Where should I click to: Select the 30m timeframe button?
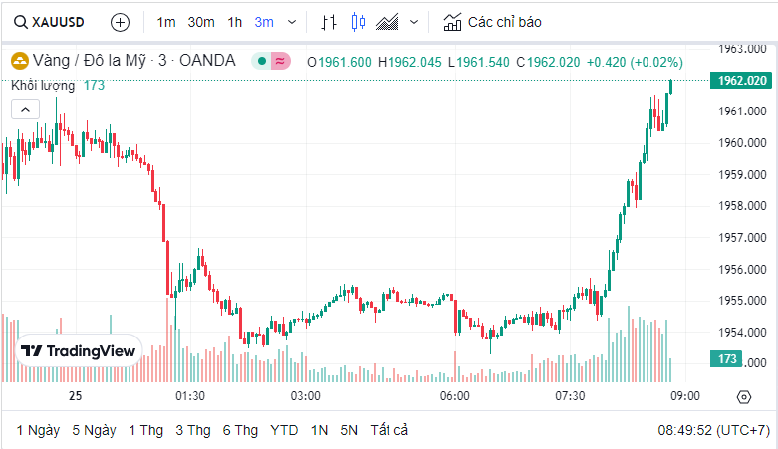201,21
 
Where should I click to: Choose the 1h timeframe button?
235,21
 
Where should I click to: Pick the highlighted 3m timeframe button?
264,21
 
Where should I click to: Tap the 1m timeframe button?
166,21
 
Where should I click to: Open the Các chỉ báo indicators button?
492,21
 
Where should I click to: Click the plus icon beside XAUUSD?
120,21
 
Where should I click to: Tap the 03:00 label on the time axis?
305,396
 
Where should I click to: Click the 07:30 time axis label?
570,396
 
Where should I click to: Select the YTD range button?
284,430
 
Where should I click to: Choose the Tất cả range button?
389,430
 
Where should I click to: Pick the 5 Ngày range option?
94,430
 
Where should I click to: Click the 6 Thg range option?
240,430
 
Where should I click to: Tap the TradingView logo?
79,351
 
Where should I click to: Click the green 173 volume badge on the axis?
726,358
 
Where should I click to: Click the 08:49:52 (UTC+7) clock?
713,430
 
